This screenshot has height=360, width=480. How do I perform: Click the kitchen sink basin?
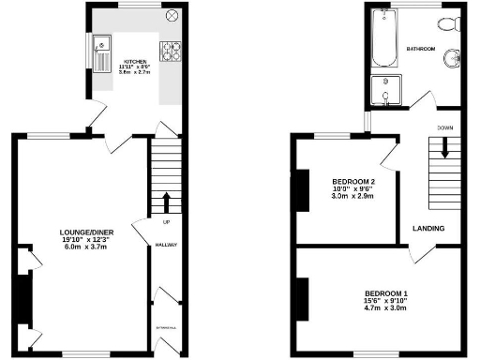[x=100, y=43]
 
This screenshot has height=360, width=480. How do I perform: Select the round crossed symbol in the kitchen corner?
[x=172, y=16]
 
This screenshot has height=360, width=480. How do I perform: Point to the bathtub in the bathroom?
[x=383, y=40]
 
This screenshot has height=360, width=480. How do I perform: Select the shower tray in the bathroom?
[x=384, y=91]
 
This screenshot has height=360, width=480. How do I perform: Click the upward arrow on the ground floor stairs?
[x=167, y=202]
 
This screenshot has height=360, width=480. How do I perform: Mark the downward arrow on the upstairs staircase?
[x=445, y=146]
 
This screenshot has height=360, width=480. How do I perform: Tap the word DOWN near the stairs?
[x=444, y=127]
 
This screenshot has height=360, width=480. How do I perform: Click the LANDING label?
[x=428, y=228]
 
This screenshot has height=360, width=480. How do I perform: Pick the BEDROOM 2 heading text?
[x=354, y=181]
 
